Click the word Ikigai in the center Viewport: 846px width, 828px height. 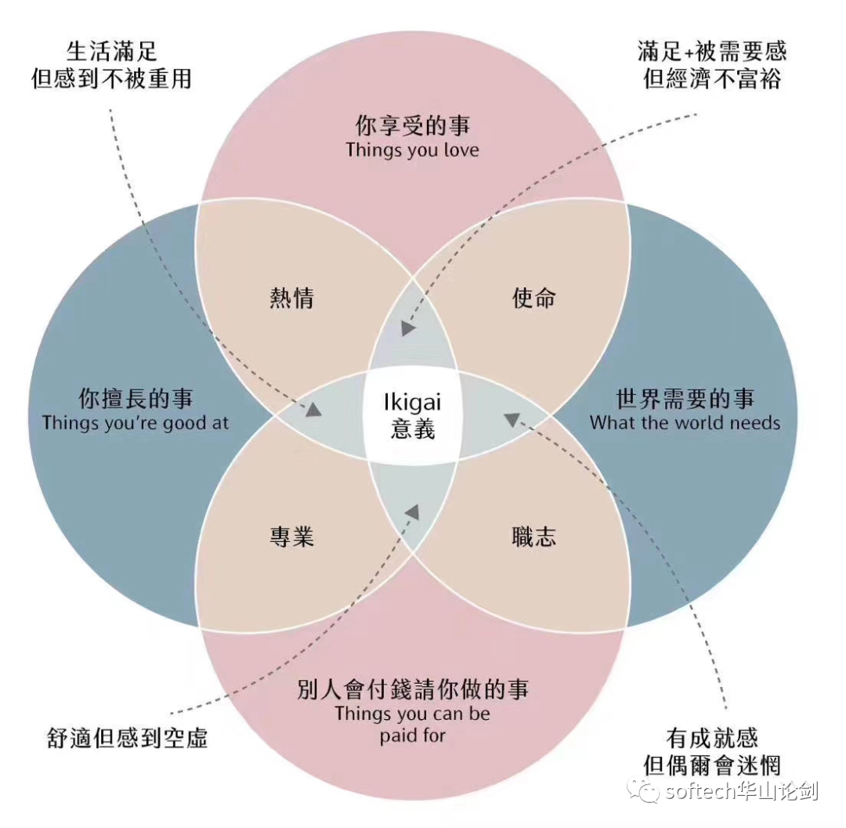pos(412,403)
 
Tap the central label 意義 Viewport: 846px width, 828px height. pos(412,428)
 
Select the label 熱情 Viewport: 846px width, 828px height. pos(291,298)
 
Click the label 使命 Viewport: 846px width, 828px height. pos(533,298)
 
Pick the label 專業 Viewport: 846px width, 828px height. pos(291,537)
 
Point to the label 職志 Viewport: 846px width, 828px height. pos(533,537)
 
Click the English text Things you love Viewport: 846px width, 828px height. pos(412,150)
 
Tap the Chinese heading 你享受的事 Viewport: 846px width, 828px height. pos(412,125)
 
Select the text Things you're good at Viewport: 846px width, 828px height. pos(136,423)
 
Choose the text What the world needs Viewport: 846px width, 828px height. pos(685,423)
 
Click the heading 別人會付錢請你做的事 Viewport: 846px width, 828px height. pos(412,689)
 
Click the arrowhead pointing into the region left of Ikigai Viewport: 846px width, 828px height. pos(315,408)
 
